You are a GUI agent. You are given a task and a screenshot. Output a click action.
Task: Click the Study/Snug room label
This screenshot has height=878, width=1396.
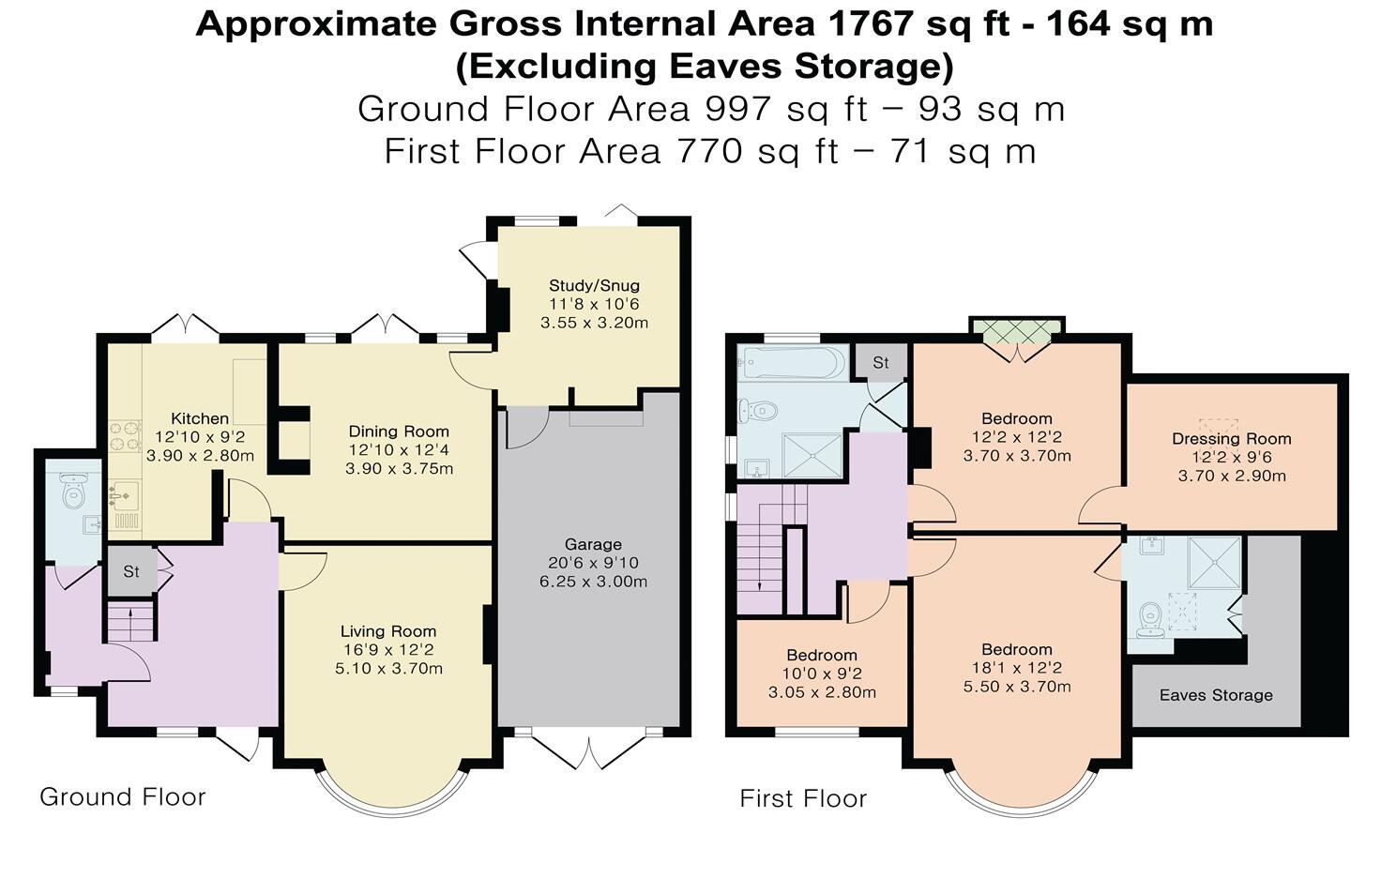594,285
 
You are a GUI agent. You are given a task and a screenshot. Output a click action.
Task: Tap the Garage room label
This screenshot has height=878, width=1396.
593,545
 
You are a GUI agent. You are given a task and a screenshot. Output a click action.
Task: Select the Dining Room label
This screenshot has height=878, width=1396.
399,431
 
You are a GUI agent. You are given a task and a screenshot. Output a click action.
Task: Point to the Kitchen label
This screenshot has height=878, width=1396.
200,418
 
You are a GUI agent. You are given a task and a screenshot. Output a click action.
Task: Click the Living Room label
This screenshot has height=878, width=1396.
388,631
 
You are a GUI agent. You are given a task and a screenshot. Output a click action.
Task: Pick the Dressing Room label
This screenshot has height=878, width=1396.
1232,439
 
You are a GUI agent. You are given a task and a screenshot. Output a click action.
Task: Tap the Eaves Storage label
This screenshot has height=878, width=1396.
1216,695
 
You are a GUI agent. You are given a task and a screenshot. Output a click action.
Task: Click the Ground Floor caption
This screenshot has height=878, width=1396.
123,797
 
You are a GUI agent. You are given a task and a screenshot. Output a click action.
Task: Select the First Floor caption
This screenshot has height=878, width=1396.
803,799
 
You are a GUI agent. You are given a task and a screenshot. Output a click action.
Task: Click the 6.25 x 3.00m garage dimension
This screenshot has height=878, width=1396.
593,582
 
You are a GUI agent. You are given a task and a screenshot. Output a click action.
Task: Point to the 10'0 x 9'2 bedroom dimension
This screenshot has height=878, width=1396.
822,674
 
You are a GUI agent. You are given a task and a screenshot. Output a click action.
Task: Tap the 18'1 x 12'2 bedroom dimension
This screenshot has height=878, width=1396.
1017,668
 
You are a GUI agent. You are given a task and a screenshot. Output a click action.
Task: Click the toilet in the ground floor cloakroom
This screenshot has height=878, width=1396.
73,490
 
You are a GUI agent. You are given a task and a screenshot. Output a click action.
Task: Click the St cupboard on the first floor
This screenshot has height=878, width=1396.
881,362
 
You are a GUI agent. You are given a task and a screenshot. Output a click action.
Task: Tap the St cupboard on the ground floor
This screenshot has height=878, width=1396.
131,571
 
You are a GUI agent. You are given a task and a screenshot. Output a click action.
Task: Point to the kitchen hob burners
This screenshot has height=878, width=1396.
125,437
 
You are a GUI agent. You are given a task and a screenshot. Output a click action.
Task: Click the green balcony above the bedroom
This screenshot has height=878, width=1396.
1016,331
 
